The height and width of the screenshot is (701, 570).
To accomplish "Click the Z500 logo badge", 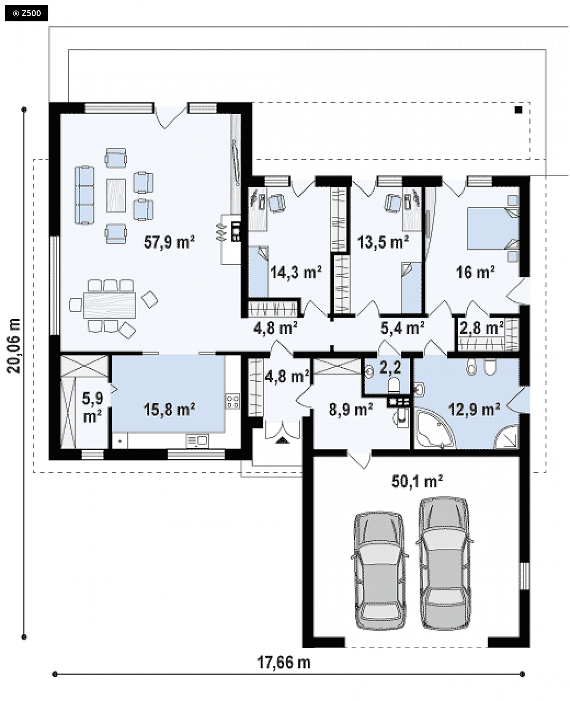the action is [27, 14].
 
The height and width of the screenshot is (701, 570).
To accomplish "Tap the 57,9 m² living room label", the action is [169, 242].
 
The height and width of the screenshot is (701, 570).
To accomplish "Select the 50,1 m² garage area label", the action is [417, 482].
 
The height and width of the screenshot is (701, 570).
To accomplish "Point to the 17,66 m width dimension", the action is [283, 662].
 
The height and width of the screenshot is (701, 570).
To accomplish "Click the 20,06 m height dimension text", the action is [14, 346].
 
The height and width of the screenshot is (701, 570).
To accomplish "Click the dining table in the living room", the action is [110, 305].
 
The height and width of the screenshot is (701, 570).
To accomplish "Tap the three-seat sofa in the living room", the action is [85, 195].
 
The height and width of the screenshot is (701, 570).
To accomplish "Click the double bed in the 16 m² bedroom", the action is [493, 228].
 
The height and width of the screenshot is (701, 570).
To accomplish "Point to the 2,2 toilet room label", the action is [390, 368].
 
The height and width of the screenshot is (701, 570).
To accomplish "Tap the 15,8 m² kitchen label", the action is [169, 410].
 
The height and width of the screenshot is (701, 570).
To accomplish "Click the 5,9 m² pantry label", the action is [92, 408].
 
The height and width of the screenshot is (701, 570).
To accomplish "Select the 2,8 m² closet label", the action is [481, 328].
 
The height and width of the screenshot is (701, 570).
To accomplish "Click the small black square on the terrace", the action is [518, 110].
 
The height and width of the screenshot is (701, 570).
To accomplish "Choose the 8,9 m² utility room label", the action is [351, 410].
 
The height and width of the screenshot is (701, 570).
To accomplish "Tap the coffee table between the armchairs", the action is [116, 195].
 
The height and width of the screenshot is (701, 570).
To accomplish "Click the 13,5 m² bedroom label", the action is [383, 242].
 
